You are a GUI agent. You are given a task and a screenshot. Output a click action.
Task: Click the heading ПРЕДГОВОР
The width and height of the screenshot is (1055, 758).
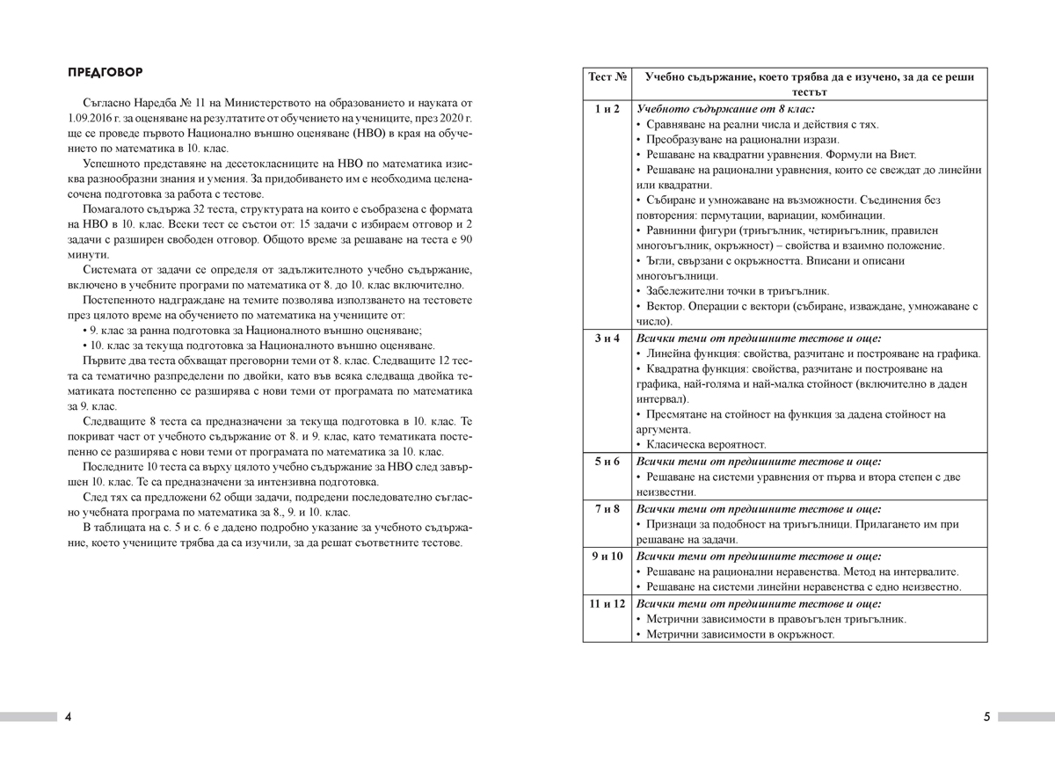tap(105, 71)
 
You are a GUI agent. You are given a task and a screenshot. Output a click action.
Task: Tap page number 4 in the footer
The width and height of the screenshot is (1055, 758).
tap(69, 717)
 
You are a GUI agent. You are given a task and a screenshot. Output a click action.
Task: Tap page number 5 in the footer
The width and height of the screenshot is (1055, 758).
tap(986, 717)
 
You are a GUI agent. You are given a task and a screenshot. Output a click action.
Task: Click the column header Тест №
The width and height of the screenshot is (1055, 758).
tap(607, 77)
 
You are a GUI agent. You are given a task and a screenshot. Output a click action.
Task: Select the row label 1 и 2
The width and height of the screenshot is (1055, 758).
tap(607, 109)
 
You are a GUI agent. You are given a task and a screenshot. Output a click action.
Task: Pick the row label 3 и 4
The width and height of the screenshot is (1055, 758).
tap(607, 338)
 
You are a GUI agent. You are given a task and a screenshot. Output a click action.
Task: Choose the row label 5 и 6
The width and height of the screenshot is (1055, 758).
tap(607, 461)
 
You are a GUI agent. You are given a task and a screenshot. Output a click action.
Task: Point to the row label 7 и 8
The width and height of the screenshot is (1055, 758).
tap(607, 508)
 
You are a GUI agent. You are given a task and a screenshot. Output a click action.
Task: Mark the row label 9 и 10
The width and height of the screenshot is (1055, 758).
tap(607, 556)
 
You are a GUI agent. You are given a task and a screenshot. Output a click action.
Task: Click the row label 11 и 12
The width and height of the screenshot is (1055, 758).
tap(607, 603)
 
